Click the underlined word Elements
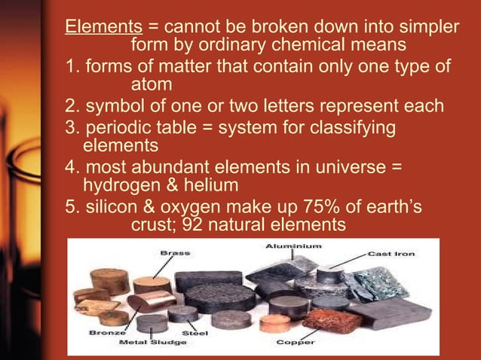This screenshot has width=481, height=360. (x=98, y=28)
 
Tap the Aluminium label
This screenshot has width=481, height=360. (x=293, y=246)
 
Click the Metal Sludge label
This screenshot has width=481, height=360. (x=148, y=341)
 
